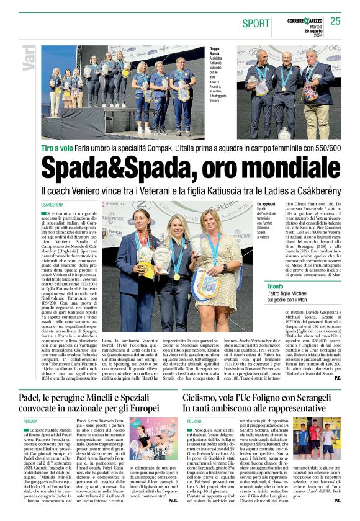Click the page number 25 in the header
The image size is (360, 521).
coord(335,21)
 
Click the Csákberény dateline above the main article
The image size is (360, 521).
coord(52,204)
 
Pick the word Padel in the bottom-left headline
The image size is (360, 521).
coord(30,381)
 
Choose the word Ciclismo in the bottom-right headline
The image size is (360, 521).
coord(204,381)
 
